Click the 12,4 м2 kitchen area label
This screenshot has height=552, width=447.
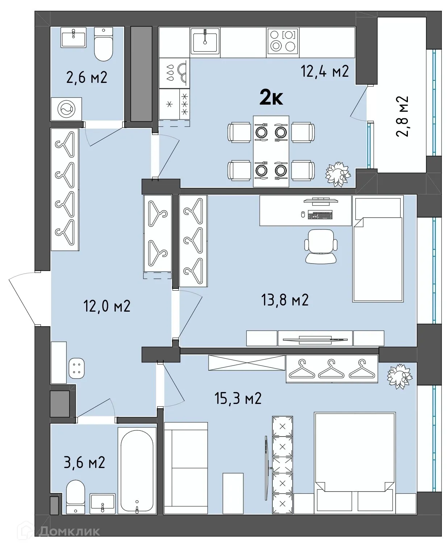(325, 71)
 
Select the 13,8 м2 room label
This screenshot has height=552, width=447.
(285, 300)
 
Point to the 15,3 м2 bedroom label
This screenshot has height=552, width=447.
(238, 398)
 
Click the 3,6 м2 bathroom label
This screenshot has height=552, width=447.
(84, 462)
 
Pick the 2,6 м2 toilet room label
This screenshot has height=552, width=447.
(87, 77)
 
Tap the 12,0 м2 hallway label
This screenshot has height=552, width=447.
(107, 306)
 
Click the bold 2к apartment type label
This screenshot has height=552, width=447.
(271, 98)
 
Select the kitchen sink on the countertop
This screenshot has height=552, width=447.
(205, 42)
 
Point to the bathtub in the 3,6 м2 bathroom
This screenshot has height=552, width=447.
(137, 471)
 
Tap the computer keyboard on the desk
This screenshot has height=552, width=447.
(320, 215)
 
